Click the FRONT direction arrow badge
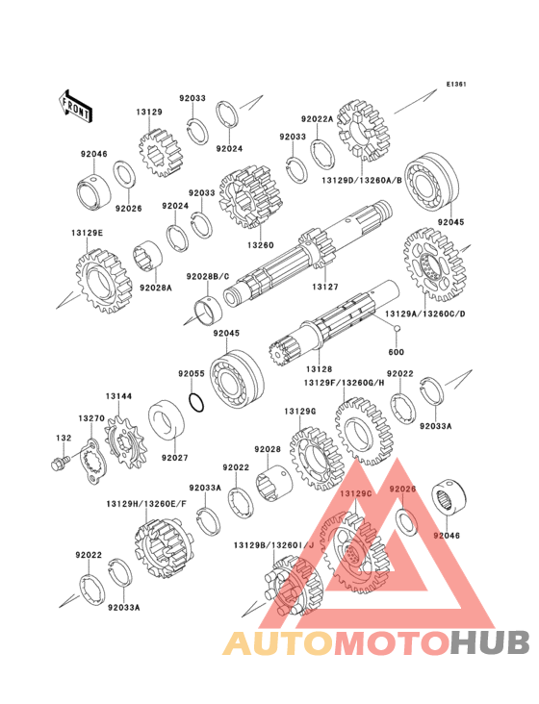click(x=75, y=105)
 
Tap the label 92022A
click(x=317, y=119)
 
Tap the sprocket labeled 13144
click(x=123, y=445)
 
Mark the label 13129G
click(x=300, y=411)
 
